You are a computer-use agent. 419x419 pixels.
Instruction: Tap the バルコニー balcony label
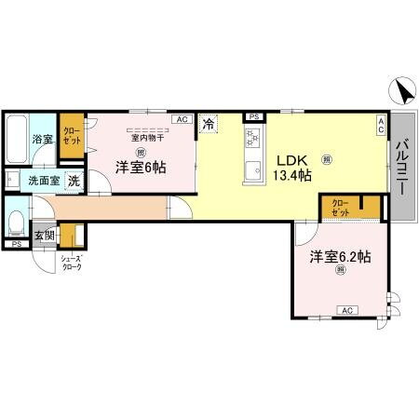(x=401, y=166)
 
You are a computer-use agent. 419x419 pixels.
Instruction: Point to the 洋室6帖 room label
(x=140, y=168)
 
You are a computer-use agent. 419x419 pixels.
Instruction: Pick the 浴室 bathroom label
(x=42, y=140)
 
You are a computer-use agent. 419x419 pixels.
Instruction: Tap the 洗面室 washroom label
(x=43, y=181)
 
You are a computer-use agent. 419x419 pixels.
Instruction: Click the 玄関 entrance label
(x=44, y=236)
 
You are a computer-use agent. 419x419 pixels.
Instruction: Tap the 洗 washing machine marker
(x=73, y=181)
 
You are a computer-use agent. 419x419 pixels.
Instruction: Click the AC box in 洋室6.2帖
(x=345, y=310)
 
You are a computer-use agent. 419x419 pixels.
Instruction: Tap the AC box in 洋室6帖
(x=182, y=119)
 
